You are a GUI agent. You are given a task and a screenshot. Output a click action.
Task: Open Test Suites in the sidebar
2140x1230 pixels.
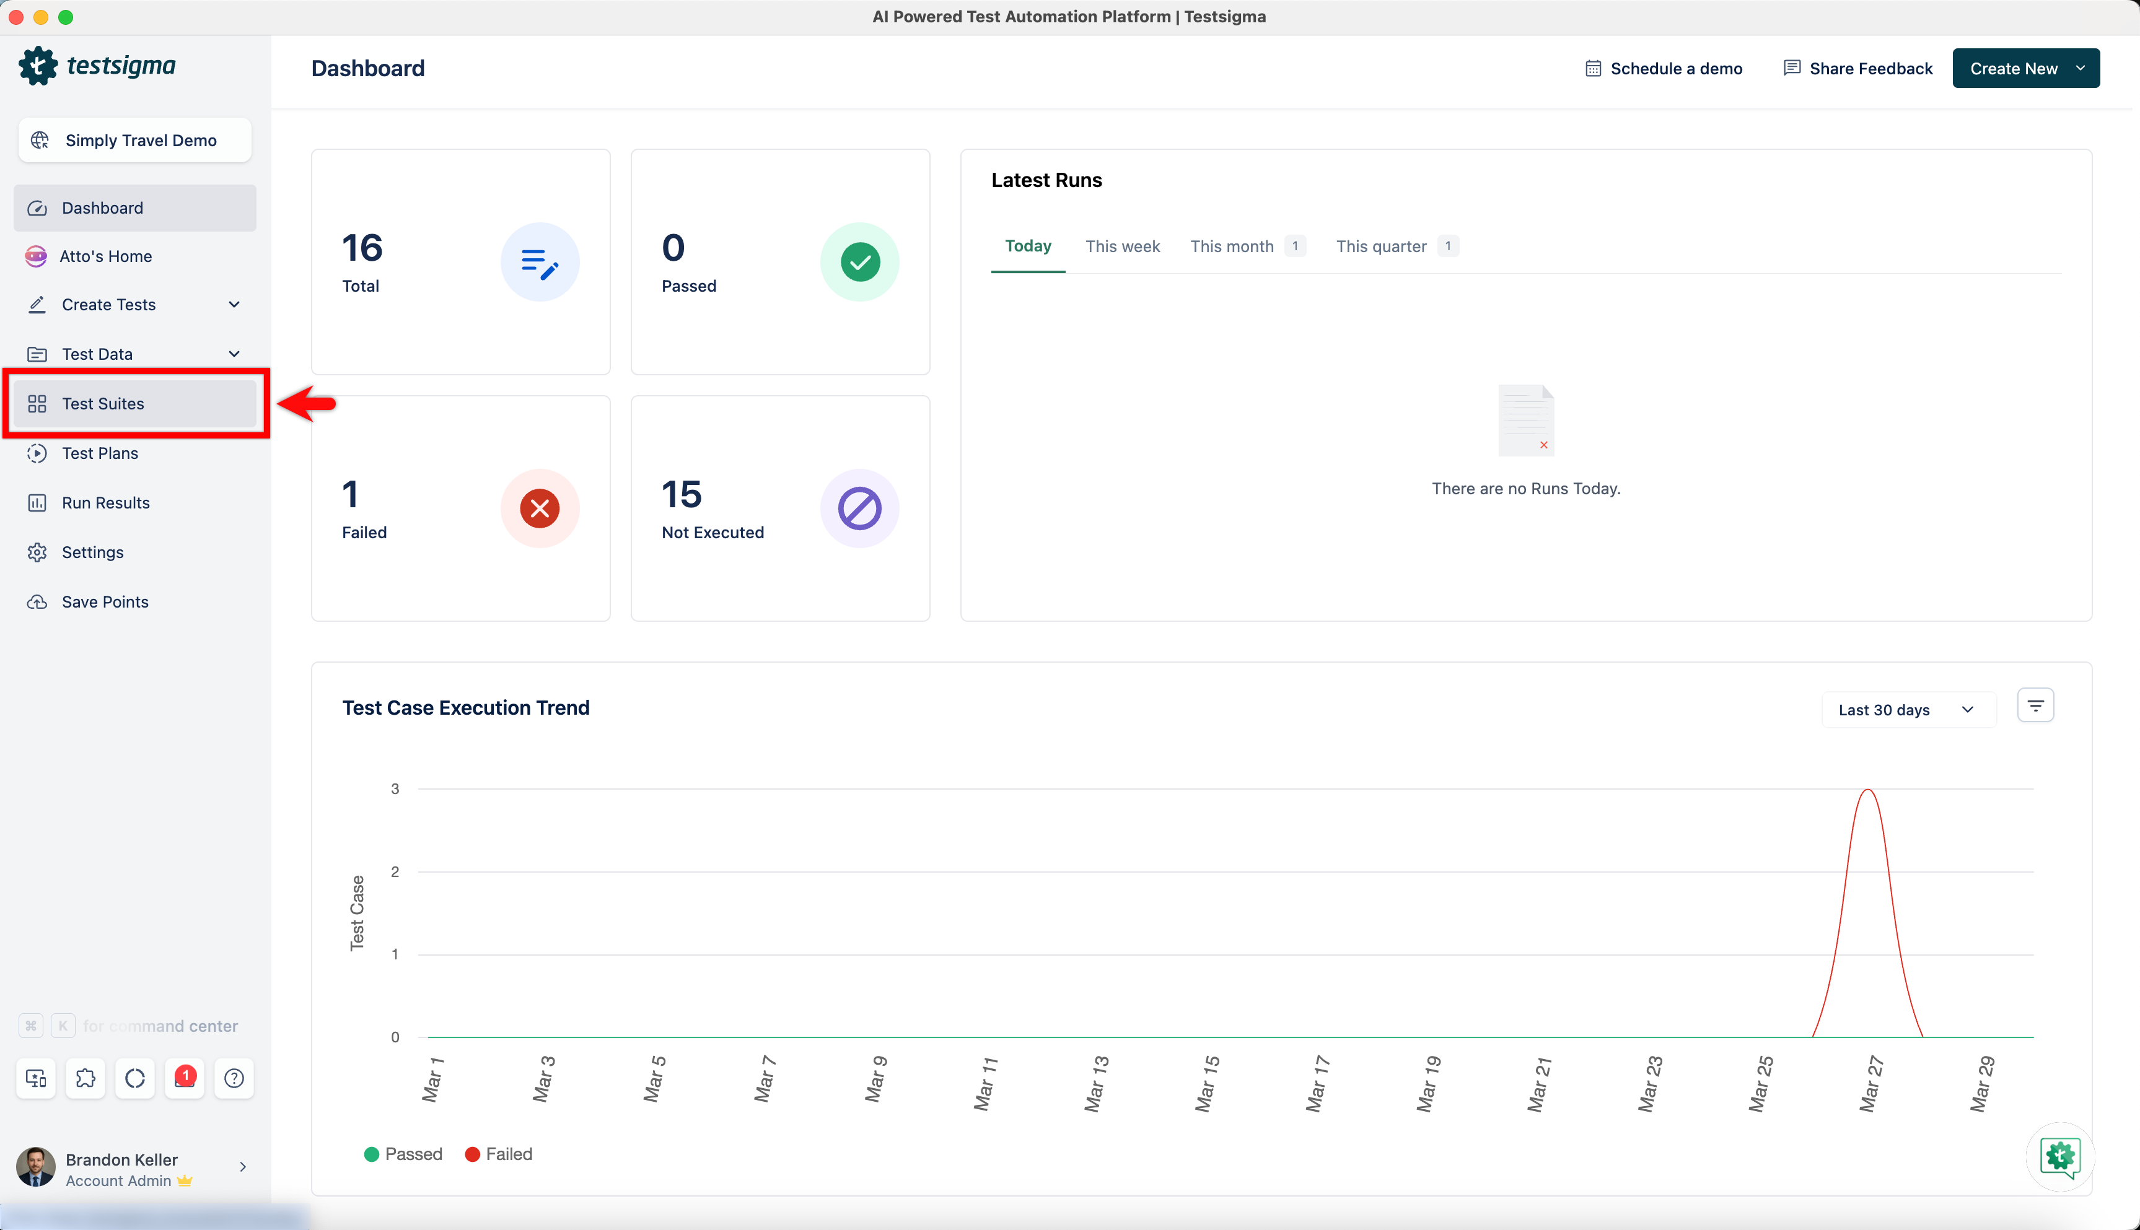click(102, 404)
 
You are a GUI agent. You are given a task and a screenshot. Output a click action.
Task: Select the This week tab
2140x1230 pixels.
click(1122, 246)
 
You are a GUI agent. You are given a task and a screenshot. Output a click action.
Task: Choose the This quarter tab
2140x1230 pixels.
click(1380, 246)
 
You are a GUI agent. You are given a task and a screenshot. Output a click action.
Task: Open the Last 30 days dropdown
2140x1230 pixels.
click(1907, 710)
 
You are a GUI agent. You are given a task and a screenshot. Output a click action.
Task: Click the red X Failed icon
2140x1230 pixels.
click(540, 508)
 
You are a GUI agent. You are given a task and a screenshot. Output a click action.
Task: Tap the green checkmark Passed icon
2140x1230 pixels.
click(859, 262)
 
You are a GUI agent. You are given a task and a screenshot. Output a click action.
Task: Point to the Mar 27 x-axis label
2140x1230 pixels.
click(1870, 1083)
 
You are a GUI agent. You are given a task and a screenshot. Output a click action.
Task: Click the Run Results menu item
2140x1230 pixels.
click(105, 503)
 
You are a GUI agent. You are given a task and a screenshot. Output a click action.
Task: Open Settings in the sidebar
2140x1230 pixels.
click(92, 552)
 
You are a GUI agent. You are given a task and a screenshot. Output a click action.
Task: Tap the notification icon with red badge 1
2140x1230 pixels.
click(184, 1078)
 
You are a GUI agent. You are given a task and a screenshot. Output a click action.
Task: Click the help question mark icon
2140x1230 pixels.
click(234, 1078)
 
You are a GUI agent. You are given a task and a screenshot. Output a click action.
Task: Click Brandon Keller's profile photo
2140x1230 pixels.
click(35, 1167)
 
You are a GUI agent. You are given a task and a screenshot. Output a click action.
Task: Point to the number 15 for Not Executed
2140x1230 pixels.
click(681, 495)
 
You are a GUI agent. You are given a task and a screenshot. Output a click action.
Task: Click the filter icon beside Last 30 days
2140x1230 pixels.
click(2035, 705)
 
